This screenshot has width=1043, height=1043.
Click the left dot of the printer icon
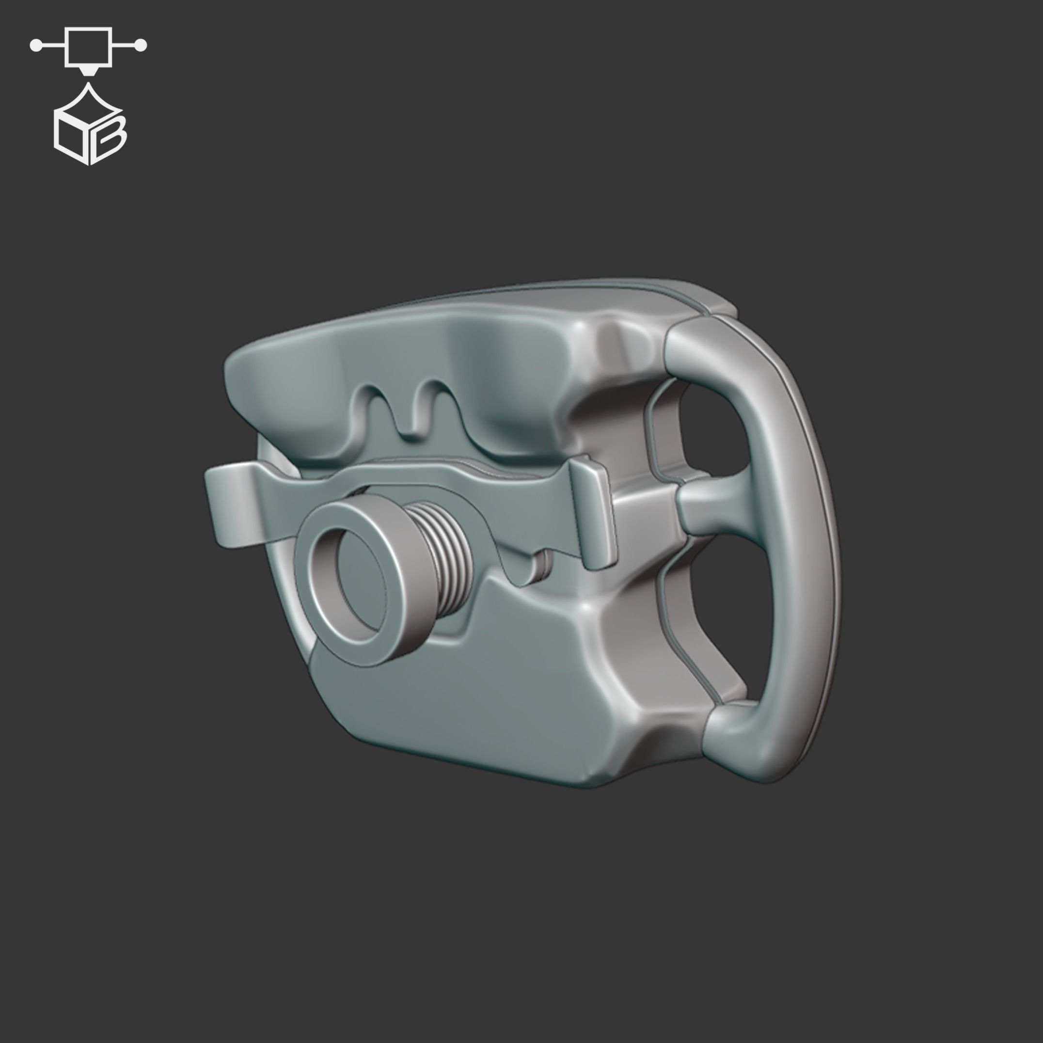[36, 46]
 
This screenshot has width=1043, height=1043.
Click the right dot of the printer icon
[141, 46]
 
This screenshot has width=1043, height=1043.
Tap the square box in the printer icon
[89, 47]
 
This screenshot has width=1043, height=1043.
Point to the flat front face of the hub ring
[318, 588]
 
